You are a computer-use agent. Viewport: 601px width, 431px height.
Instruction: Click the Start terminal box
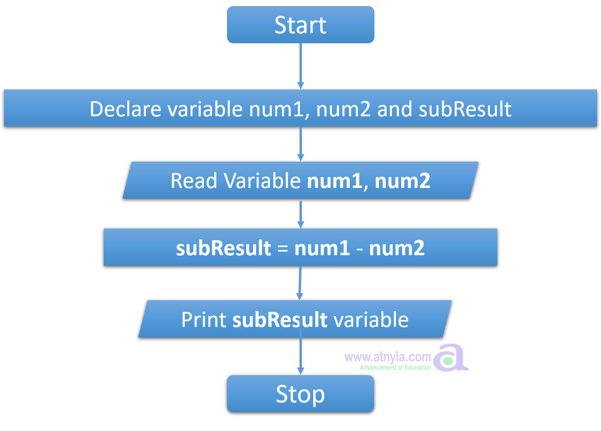click(300, 25)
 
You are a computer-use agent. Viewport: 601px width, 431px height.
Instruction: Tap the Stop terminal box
click(300, 394)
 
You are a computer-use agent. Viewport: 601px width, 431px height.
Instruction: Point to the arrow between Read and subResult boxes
click(300, 214)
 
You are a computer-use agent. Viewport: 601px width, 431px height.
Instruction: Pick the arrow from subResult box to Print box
click(300, 283)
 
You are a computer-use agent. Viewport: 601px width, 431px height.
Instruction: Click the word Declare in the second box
click(125, 109)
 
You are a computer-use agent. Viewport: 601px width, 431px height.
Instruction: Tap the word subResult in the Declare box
click(465, 109)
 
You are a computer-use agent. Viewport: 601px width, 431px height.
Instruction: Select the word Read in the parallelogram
click(194, 181)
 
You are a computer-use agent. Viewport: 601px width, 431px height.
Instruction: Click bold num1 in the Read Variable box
click(335, 181)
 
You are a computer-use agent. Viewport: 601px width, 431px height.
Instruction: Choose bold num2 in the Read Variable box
click(402, 181)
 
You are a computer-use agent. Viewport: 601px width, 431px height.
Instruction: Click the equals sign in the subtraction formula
click(282, 248)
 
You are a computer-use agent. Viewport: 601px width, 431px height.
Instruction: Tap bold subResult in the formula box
click(223, 248)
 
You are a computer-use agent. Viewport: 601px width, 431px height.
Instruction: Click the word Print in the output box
click(204, 320)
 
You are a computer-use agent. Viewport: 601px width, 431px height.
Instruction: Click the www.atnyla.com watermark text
click(387, 357)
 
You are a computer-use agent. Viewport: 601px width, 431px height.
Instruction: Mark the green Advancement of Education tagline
click(395, 367)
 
